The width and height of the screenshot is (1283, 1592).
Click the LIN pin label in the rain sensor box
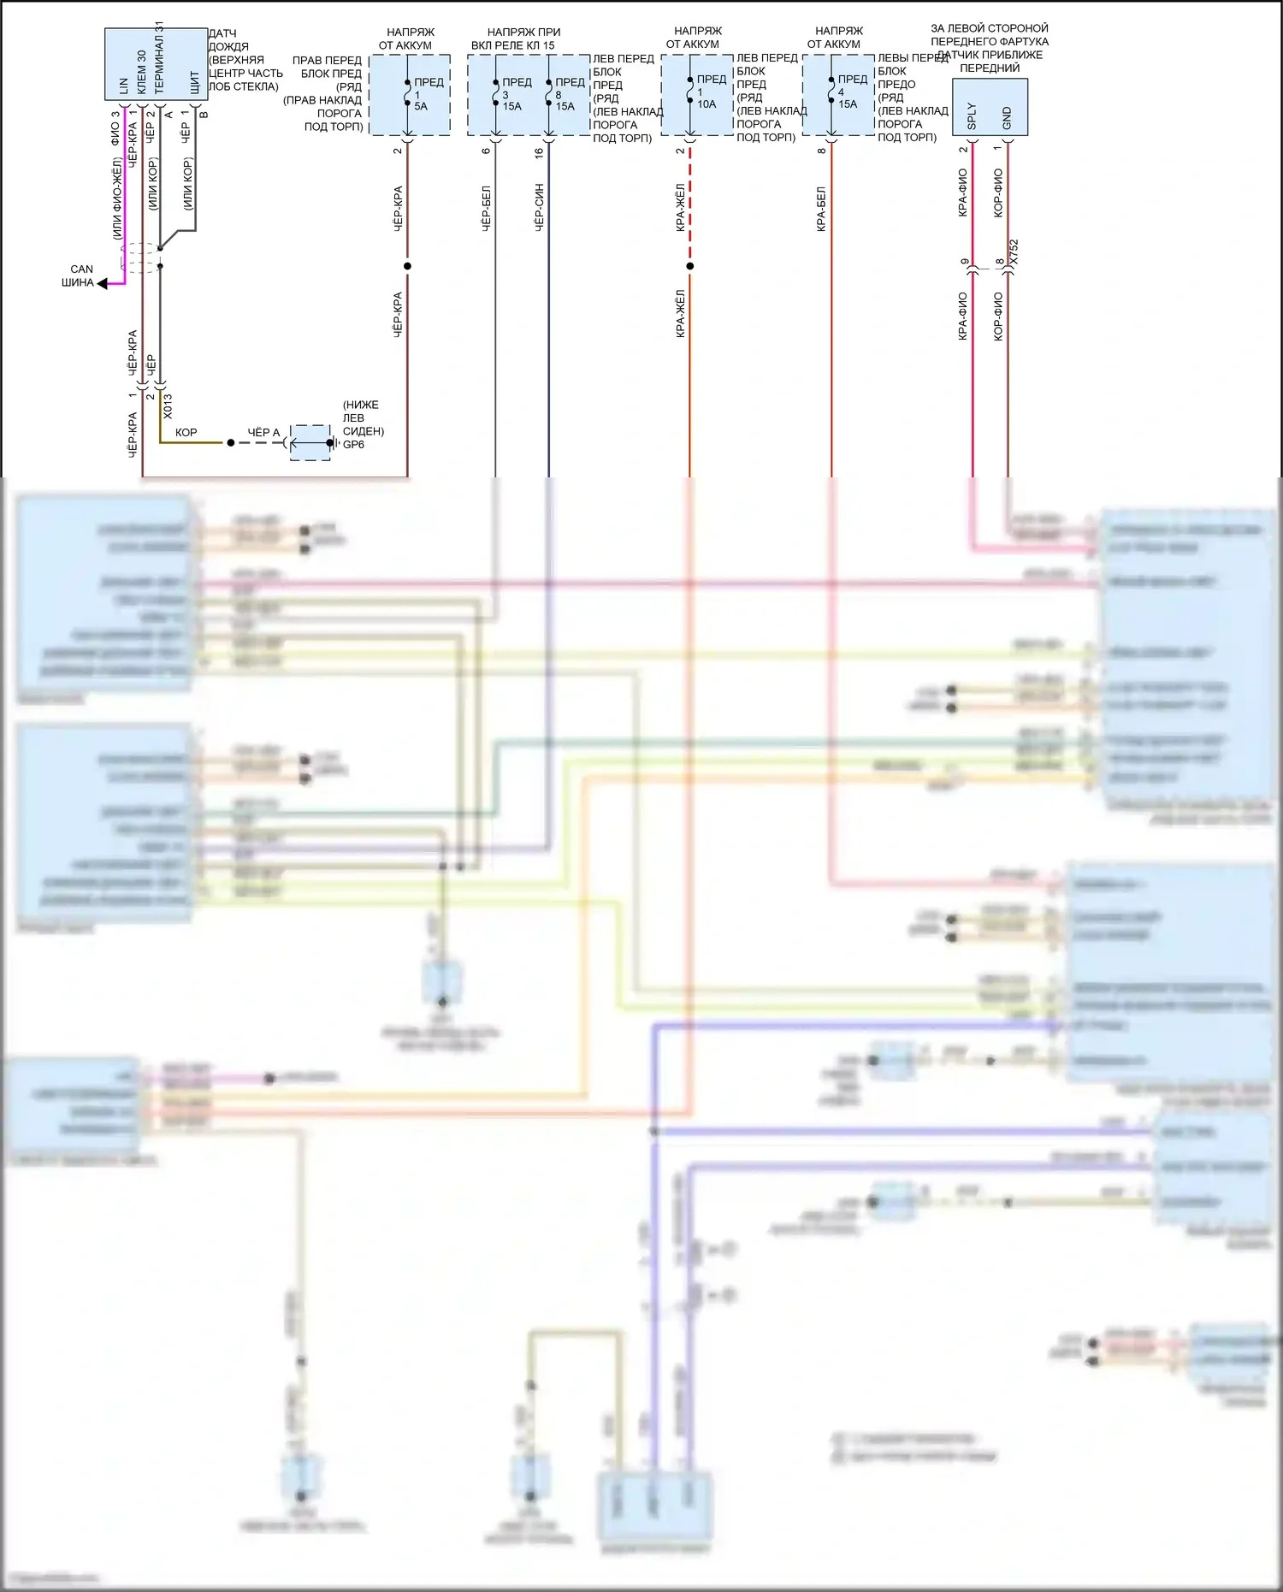tap(123, 86)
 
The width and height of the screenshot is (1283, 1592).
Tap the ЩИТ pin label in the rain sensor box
tap(194, 82)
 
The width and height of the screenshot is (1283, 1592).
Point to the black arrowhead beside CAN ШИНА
tap(103, 283)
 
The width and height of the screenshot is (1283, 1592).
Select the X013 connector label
tap(168, 405)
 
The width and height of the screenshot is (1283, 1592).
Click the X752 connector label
tap(1014, 252)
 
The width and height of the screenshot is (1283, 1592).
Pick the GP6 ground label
tap(353, 445)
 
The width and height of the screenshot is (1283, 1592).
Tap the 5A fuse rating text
tap(421, 106)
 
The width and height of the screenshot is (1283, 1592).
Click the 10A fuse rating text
tap(707, 104)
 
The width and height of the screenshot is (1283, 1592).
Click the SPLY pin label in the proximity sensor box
tap(972, 116)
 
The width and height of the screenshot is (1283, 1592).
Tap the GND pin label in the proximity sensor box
tap(1007, 118)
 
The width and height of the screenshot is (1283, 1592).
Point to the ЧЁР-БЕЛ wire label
tap(486, 209)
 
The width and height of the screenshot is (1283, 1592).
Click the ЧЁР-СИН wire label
tap(539, 207)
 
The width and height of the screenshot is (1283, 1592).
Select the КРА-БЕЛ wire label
tap(821, 209)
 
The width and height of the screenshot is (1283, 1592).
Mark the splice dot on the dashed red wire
tap(690, 266)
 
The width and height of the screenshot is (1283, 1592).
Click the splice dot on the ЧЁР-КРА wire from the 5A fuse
tap(407, 266)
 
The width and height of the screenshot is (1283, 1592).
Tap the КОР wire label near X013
tap(186, 433)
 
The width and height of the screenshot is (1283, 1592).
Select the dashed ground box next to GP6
tap(310, 442)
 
